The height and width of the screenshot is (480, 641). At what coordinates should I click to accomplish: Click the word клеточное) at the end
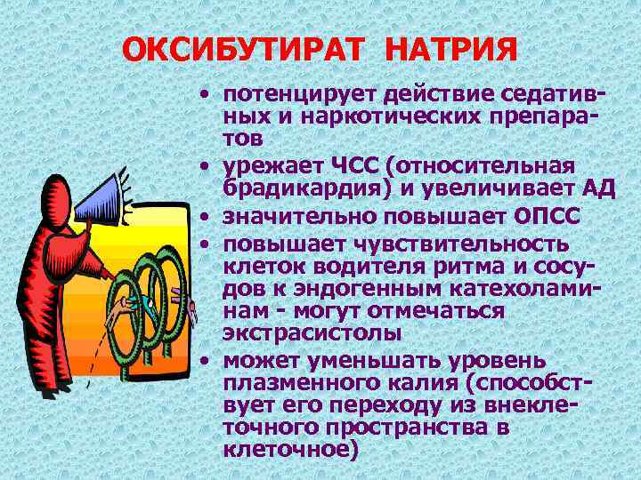(x=290, y=451)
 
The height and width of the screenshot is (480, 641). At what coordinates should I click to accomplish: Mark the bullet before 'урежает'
(x=207, y=167)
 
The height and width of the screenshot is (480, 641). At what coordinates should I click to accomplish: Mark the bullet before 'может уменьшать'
(x=207, y=362)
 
